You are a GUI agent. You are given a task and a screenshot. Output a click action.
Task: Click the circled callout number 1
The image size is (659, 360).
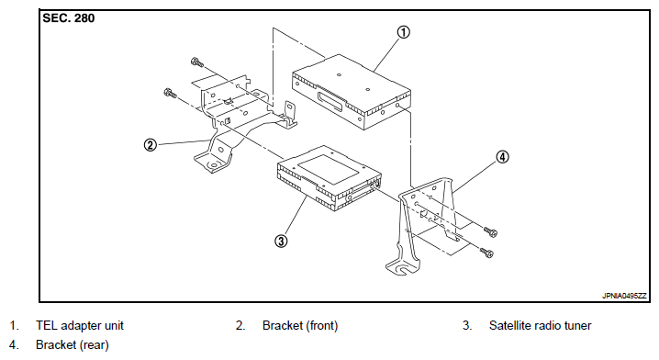point(403,32)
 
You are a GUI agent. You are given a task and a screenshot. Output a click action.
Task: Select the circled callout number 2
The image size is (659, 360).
point(150,145)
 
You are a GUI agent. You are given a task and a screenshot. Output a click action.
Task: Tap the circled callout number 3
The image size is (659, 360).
point(281,241)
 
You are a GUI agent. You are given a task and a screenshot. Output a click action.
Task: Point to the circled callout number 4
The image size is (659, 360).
point(502,157)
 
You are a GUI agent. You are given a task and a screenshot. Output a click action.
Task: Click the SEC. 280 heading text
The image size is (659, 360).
point(69,18)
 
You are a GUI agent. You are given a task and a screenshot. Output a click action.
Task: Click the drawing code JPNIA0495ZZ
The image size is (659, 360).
point(624,296)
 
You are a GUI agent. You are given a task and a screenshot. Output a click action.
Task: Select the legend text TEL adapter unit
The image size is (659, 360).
point(80,325)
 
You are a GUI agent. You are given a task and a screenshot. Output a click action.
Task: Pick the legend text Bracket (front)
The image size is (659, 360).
point(300,325)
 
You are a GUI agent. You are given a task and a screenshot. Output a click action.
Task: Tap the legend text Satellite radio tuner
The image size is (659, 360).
point(540,325)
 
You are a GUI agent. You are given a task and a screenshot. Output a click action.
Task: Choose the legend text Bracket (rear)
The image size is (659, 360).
point(73,345)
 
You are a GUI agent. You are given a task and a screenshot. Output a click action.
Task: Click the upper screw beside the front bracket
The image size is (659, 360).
point(196,62)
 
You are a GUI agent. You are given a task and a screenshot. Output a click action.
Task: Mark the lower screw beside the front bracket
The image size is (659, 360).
point(170,93)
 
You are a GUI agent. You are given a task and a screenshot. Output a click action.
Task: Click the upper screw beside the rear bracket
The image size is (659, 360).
point(490,231)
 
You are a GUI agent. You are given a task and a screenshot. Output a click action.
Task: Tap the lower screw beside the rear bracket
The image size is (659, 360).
point(486,253)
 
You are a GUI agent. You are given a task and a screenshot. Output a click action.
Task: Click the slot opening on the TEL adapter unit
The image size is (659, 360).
point(331,102)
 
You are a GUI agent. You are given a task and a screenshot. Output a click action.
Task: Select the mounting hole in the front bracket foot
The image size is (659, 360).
point(213,165)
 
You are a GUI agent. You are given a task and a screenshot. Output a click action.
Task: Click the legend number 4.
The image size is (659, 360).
point(14,345)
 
